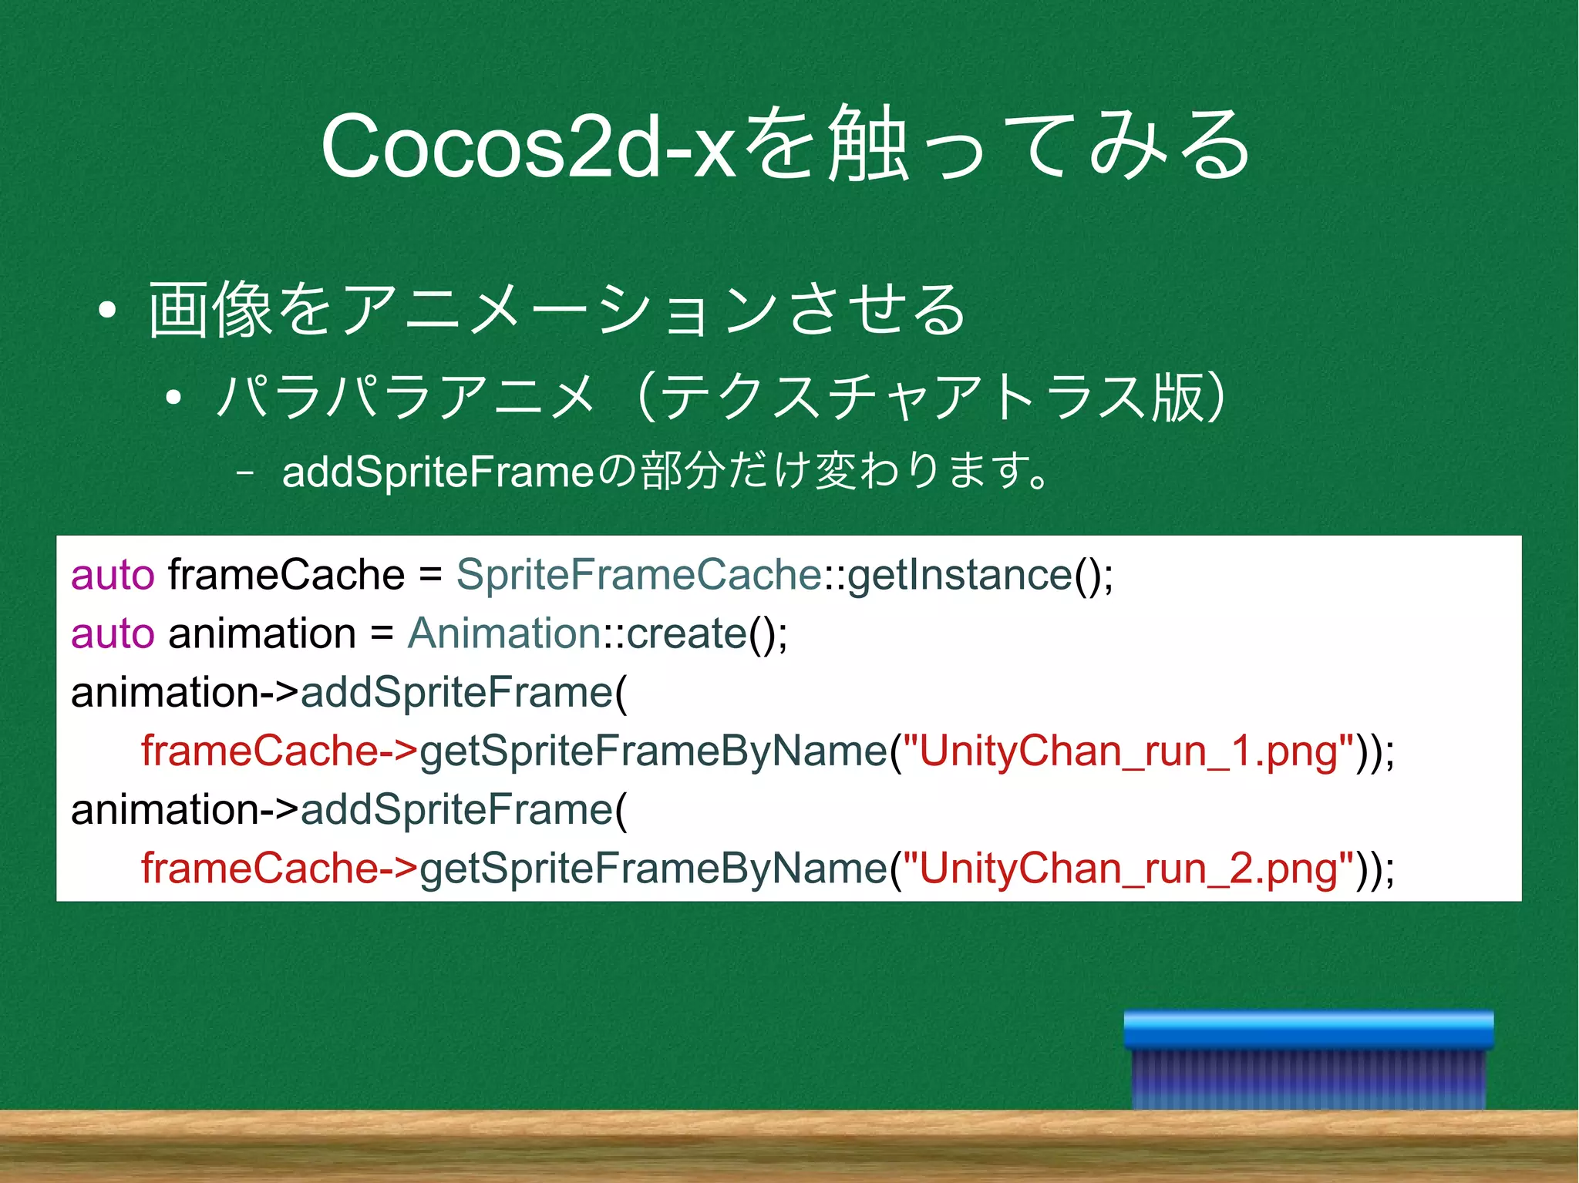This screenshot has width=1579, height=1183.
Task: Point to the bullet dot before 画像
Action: tap(107, 311)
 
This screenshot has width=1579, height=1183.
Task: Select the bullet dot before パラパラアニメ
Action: tap(173, 398)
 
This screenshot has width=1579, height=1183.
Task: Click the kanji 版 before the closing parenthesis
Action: tap(1177, 398)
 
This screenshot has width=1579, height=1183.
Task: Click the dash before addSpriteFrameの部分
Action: tap(246, 472)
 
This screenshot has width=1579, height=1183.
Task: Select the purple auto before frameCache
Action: tap(113, 575)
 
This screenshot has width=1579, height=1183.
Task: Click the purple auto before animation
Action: tap(113, 634)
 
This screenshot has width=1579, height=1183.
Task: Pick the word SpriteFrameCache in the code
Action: tap(638, 575)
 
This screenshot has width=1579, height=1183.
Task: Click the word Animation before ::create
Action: tap(503, 634)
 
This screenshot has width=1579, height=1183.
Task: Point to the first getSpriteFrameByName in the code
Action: tap(653, 751)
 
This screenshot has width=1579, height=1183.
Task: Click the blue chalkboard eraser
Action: tap(1308, 1060)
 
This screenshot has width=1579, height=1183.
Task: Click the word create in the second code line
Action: tap(686, 634)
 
